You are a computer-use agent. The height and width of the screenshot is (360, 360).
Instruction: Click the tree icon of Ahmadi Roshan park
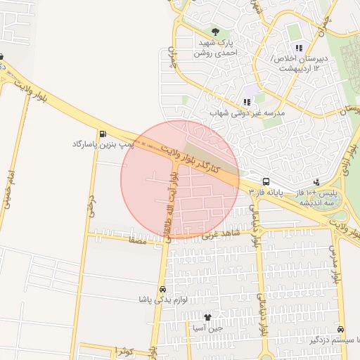coord(215,32)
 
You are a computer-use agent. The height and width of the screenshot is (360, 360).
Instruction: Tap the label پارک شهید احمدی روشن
coord(215,48)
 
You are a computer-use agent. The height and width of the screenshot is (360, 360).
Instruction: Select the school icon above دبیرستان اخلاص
coord(299,48)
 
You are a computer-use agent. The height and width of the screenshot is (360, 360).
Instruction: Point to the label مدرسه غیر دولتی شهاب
coord(247,112)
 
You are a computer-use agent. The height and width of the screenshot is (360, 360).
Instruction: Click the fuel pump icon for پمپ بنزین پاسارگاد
coord(103,134)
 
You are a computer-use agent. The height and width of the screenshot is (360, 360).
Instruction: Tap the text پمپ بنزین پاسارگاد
coord(103,144)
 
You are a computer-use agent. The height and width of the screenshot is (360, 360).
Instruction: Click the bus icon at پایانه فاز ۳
coord(266,180)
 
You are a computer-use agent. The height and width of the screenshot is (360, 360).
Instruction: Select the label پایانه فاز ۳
coord(268,191)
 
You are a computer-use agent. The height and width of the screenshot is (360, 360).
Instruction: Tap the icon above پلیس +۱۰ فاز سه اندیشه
coord(316,181)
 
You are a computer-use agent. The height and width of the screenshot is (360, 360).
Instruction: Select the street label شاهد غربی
coord(221,233)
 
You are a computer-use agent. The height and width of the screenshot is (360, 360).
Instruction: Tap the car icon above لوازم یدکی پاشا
coord(163,289)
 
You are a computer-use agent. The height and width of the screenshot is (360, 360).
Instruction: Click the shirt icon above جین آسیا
coord(207,317)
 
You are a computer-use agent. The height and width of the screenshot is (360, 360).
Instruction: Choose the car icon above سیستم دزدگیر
coord(341,330)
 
